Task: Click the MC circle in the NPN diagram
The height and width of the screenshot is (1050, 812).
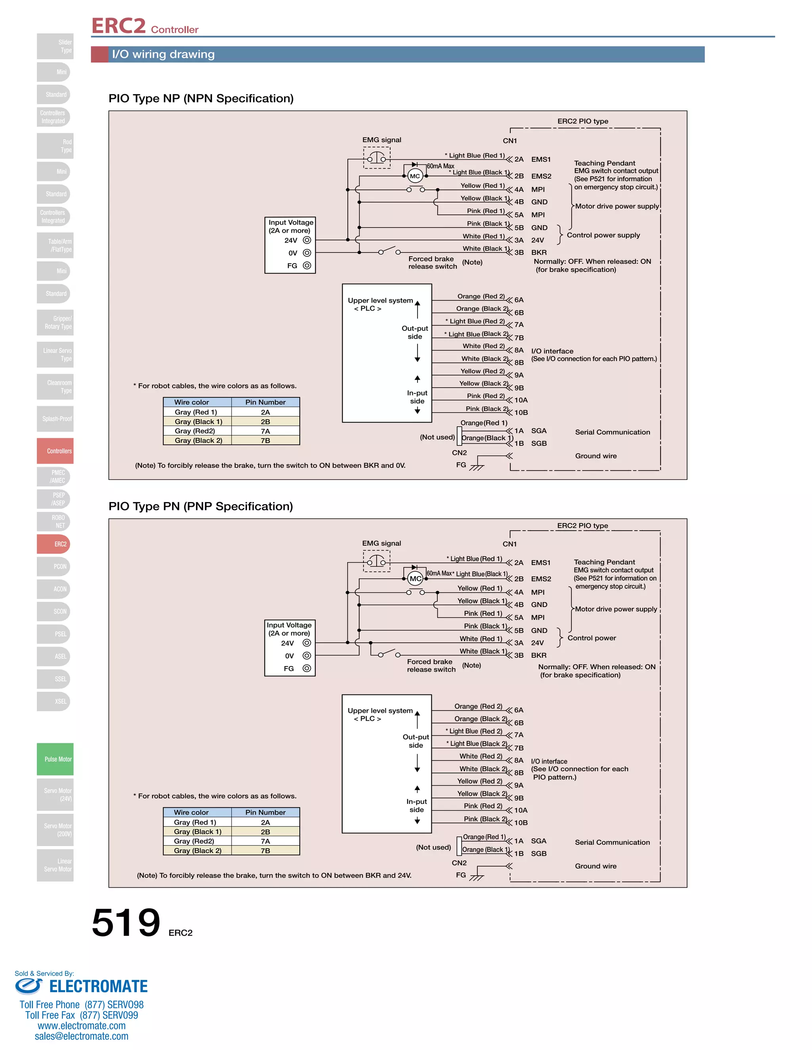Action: (415, 176)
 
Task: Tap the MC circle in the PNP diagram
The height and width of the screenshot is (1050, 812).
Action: (415, 579)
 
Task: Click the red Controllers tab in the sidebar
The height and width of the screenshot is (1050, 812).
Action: (56, 451)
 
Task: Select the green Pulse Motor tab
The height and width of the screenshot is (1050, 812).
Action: (56, 759)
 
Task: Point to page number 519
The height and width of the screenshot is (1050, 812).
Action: (126, 922)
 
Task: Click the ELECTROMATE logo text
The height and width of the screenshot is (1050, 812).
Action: (98, 987)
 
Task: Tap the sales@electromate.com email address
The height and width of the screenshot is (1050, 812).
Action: (81, 1036)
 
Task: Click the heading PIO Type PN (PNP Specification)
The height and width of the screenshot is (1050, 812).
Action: (201, 506)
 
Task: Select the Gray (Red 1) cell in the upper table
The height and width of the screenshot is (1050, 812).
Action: (196, 412)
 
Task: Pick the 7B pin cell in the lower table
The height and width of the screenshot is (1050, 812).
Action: (265, 850)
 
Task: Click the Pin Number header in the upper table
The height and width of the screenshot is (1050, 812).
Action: (265, 402)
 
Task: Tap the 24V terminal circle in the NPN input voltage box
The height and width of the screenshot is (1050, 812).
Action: (307, 240)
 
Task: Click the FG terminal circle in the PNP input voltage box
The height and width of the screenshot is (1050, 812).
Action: (306, 668)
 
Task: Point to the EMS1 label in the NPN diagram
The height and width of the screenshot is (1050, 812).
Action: (541, 159)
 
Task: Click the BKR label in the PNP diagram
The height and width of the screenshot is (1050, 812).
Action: (539, 655)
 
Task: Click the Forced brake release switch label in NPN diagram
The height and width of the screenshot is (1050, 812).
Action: (432, 262)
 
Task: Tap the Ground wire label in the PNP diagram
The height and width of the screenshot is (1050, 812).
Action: (596, 866)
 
